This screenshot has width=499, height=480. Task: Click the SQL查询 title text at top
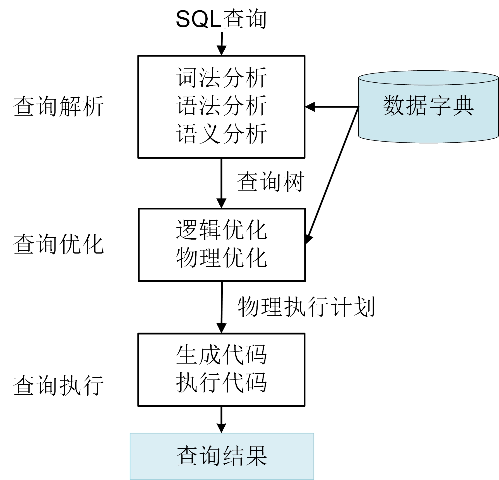click(221, 20)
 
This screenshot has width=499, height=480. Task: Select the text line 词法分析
click(221, 78)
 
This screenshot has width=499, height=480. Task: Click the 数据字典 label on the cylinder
click(428, 106)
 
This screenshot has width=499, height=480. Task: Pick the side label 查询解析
click(59, 106)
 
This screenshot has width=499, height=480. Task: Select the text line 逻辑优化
click(222, 230)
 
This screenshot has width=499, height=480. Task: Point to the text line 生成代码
click(221, 355)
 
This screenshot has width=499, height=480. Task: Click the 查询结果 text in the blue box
click(222, 456)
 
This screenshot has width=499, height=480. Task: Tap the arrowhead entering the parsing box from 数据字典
click(310, 107)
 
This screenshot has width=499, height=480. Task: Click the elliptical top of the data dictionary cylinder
click(428, 78)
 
